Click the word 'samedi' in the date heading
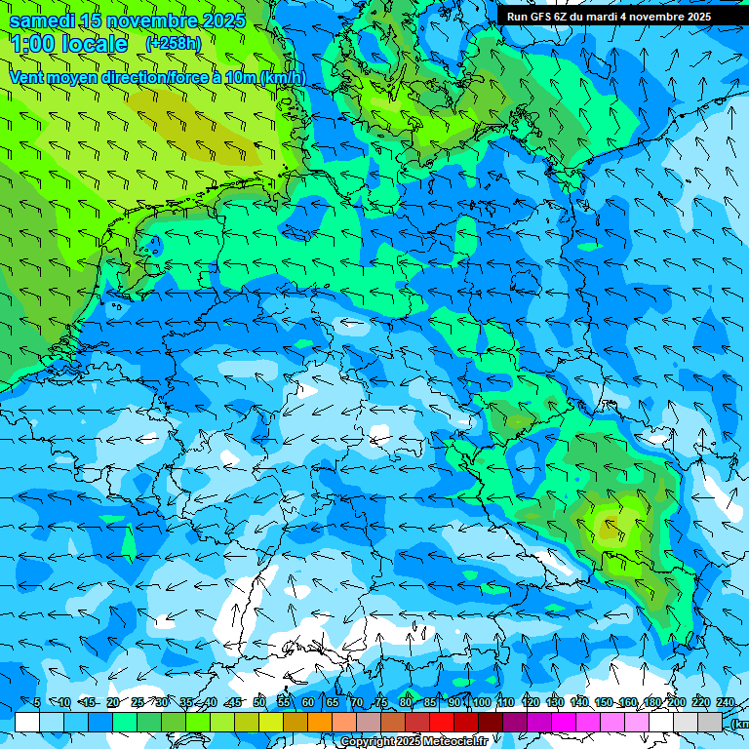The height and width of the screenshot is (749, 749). pos(43,20)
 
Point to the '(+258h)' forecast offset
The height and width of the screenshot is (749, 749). pos(173,44)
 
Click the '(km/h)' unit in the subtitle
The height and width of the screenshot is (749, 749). pos(283,77)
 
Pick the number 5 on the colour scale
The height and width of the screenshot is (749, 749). pos(37,702)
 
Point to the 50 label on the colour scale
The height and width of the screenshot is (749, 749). pos(258,702)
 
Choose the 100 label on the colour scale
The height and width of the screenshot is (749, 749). pos(481,702)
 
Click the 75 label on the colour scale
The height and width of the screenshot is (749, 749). pos(381,702)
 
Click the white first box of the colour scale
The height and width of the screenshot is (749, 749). pos(27,722)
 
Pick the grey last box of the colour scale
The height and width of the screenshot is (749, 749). pos(710,722)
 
